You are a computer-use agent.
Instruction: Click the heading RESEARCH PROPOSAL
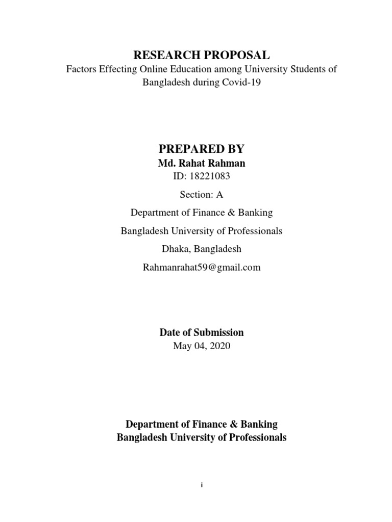pos(201,55)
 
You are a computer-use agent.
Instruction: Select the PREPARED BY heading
pos(201,149)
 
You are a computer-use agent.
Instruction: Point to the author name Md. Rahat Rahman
pos(201,164)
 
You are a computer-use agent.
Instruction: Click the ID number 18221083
pos(210,177)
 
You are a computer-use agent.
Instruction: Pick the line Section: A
pos(201,195)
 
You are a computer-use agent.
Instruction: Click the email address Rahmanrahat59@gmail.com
pos(201,267)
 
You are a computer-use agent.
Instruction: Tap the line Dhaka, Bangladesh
pos(201,249)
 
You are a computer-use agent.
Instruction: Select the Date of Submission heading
pos(201,332)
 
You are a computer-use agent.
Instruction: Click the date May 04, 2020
pos(201,346)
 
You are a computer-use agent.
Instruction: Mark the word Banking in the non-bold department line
pos(256,213)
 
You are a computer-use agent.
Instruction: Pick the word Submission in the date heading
pos(218,332)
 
